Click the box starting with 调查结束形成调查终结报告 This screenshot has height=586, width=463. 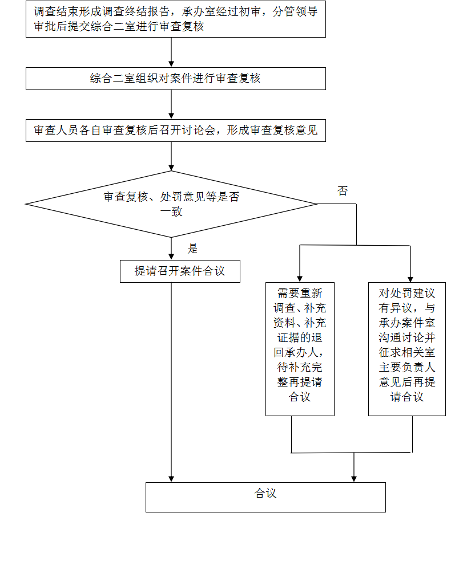pos(175,19)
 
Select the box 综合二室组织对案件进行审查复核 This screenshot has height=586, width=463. pos(175,79)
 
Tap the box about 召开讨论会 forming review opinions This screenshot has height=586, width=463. pos(175,131)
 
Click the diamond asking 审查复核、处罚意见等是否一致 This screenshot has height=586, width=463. pos(171,204)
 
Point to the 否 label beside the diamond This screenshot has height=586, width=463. pos(343,191)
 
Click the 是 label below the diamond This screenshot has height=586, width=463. pos(192,249)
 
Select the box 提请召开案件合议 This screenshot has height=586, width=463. pos(180,271)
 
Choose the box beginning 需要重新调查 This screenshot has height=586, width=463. pos(300,349)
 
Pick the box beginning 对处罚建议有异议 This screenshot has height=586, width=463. pos(407,349)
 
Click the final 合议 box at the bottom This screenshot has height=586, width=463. pos(265,497)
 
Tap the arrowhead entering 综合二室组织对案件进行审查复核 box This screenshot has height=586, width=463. pos(171,64)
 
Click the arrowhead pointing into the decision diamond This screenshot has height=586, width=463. pos(171,168)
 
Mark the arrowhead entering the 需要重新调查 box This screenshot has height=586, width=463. pos(300,279)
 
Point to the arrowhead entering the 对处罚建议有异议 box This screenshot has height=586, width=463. pos(410,279)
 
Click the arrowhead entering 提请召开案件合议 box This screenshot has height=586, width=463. pos(171,257)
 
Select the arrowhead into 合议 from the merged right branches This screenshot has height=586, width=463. pos(354,479)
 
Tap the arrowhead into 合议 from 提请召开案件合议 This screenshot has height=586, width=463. pos(171,479)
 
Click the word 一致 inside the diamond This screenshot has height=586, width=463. pos(171,212)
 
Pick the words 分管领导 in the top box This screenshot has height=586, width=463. pos(295,11)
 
